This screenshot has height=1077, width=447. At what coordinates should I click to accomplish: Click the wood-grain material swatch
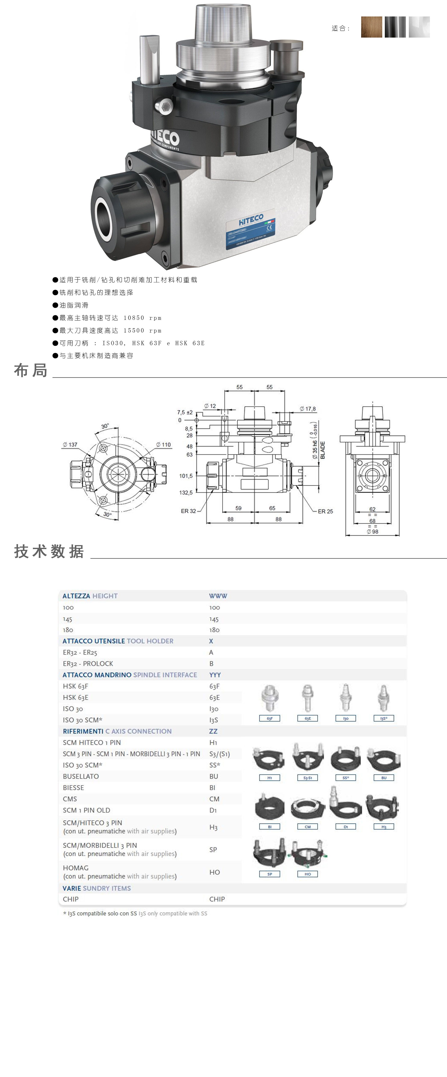pyautogui.click(x=371, y=27)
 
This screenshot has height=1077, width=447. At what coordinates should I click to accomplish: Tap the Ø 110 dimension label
pyautogui.click(x=163, y=444)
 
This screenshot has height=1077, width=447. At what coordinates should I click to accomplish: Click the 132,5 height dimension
pyautogui.click(x=186, y=492)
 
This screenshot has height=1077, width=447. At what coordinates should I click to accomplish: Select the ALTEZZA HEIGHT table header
pyautogui.click(x=90, y=596)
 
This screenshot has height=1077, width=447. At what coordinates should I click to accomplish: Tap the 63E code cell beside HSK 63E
pyautogui.click(x=214, y=697)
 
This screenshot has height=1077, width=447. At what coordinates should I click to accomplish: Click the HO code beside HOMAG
pyautogui.click(x=214, y=872)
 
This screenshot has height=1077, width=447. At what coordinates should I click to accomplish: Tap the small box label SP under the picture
pyautogui.click(x=269, y=874)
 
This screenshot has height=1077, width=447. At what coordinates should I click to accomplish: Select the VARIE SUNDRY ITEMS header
pyautogui.click(x=97, y=888)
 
